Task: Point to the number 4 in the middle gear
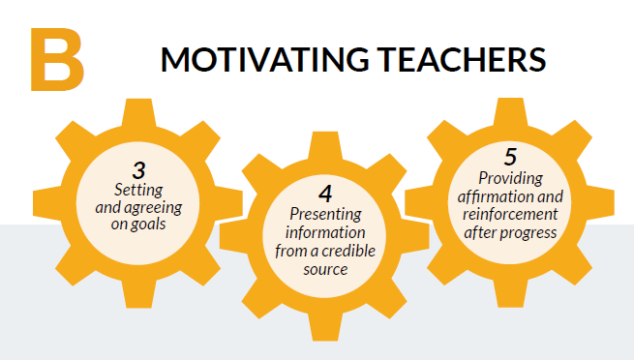[x=324, y=193]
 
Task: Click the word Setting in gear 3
[x=137, y=189]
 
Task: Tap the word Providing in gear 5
[x=510, y=178]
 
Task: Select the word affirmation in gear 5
[x=496, y=196]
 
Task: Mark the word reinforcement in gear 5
[x=510, y=213]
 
